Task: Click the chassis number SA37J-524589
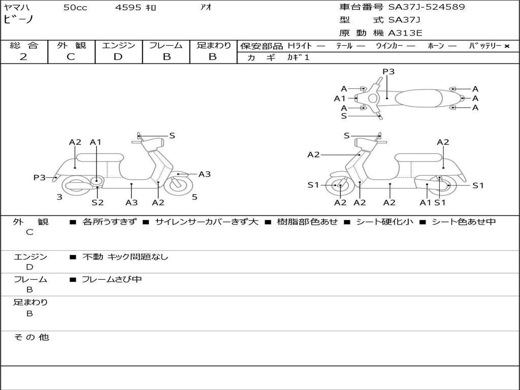coord(427,7)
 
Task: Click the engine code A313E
coord(405,33)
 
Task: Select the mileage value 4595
coord(128,7)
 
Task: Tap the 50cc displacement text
coord(75,7)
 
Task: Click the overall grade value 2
coord(23,57)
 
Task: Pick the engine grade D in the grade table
coord(118,57)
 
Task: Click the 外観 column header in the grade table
coord(71,45)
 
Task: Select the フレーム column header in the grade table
coord(166,45)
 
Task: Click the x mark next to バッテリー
coord(507,46)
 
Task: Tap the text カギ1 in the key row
coord(298,57)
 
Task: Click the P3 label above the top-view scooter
coord(388,72)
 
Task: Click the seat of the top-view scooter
coord(418,98)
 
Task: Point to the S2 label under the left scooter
coord(97,202)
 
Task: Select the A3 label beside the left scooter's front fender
coord(205,174)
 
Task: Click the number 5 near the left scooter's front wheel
coord(194,197)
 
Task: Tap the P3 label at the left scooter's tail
coord(40,177)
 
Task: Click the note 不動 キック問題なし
coord(125,256)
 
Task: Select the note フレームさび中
coord(112,280)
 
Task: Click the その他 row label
coord(31,337)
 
